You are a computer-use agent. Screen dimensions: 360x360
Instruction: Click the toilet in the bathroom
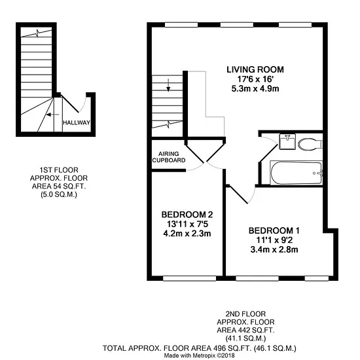310,145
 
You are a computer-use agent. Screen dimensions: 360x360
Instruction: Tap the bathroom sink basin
287,141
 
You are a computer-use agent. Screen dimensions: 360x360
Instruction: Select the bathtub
297,173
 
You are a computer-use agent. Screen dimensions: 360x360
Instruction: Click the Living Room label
255,69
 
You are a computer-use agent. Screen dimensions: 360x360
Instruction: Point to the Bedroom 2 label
187,215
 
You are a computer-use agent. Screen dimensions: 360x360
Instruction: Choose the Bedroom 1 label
274,230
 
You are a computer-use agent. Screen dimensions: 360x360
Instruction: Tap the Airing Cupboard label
169,157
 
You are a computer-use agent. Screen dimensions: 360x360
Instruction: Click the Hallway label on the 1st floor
77,122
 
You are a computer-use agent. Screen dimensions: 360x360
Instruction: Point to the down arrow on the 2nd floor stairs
168,85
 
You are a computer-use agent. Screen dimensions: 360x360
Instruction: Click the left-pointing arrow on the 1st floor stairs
52,115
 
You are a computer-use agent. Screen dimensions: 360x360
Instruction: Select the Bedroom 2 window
190,278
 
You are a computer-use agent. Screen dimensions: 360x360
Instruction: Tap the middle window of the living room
237,25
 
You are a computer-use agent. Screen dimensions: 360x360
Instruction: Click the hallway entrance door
70,104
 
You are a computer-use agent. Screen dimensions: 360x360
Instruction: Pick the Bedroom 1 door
239,195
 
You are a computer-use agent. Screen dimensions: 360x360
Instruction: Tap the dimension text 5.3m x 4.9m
255,88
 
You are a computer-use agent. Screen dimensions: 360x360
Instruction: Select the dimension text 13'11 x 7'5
187,224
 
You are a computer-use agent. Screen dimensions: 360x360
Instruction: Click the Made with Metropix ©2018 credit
199,355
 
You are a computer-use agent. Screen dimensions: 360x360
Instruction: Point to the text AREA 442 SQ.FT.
245,330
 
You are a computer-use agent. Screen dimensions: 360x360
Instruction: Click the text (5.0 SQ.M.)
59,194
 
